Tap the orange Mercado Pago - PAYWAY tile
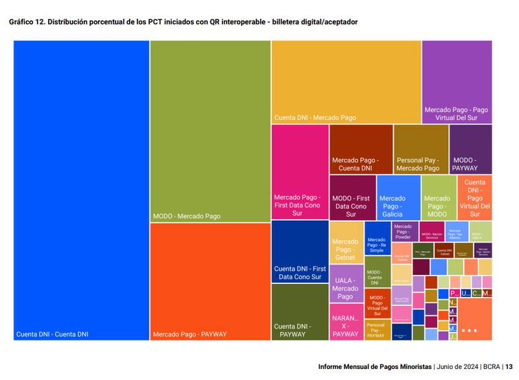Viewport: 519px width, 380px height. click(x=210, y=281)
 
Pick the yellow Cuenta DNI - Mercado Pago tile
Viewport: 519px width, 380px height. click(x=346, y=82)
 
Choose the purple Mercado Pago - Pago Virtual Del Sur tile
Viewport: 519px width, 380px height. click(x=457, y=82)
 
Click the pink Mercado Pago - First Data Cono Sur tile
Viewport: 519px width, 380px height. click(x=300, y=172)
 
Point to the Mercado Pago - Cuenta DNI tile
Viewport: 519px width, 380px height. click(x=361, y=149)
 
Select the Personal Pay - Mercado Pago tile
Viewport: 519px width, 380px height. click(x=420, y=149)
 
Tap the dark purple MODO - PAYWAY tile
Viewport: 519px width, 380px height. click(x=470, y=149)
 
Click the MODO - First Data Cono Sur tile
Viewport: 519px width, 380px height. click(x=352, y=197)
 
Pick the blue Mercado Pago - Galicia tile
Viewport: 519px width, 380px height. click(x=398, y=197)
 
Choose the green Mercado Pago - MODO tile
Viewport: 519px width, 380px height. click(x=439, y=197)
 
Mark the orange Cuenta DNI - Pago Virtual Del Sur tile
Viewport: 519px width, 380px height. click(x=474, y=197)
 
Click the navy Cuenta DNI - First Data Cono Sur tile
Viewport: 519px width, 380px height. click(x=300, y=252)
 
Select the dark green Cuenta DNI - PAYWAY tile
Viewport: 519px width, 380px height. click(x=300, y=311)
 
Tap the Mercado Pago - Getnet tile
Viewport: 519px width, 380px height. click(x=346, y=242)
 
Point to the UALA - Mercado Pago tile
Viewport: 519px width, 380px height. click(x=346, y=283)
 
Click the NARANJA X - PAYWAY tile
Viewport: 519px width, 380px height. click(x=346, y=321)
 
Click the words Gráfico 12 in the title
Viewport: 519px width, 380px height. click(x=27, y=22)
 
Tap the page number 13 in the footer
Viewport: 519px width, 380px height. click(x=509, y=366)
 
